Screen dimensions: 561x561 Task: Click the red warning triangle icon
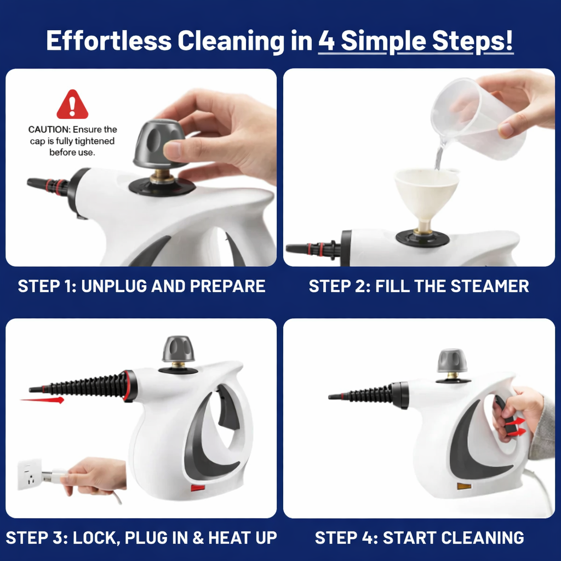72,106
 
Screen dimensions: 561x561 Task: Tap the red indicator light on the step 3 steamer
197,486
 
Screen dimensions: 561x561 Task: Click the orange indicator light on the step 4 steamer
464,485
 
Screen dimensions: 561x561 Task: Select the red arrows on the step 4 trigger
514,426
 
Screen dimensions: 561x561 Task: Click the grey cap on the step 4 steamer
452,360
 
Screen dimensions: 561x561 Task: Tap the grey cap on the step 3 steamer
178,348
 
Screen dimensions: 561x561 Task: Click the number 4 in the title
327,42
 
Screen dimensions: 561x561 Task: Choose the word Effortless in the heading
108,42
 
